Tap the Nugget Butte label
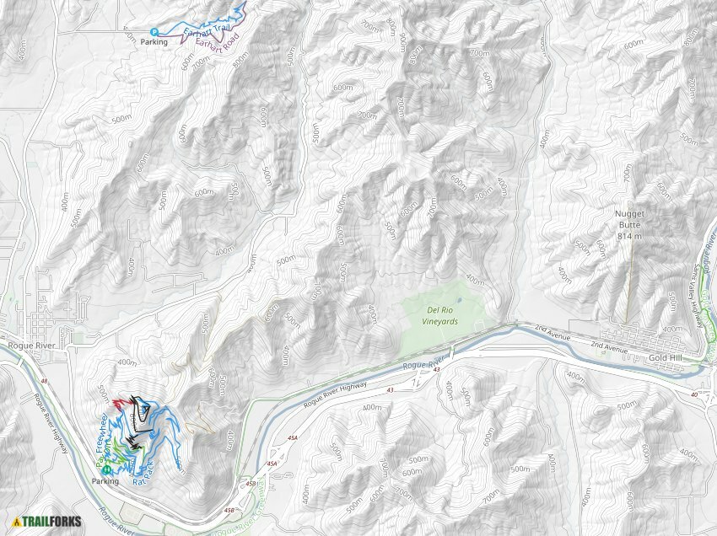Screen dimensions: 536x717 click(631, 220)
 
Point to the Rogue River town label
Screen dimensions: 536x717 click(30, 344)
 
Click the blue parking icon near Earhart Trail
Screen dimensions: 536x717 click(143, 32)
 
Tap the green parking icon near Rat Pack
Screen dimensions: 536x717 click(107, 469)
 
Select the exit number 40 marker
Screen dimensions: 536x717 click(693, 394)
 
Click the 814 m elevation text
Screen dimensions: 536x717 click(630, 237)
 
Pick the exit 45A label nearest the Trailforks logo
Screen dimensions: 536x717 click(271, 464)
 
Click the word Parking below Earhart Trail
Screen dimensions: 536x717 click(154, 42)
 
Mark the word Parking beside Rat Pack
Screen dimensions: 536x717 click(105, 481)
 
